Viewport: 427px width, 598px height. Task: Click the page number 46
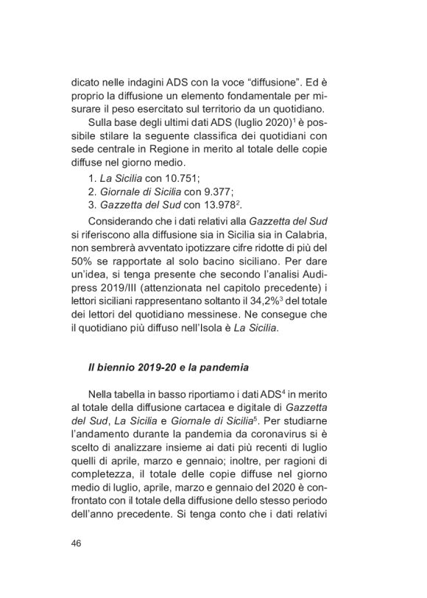coord(76,544)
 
